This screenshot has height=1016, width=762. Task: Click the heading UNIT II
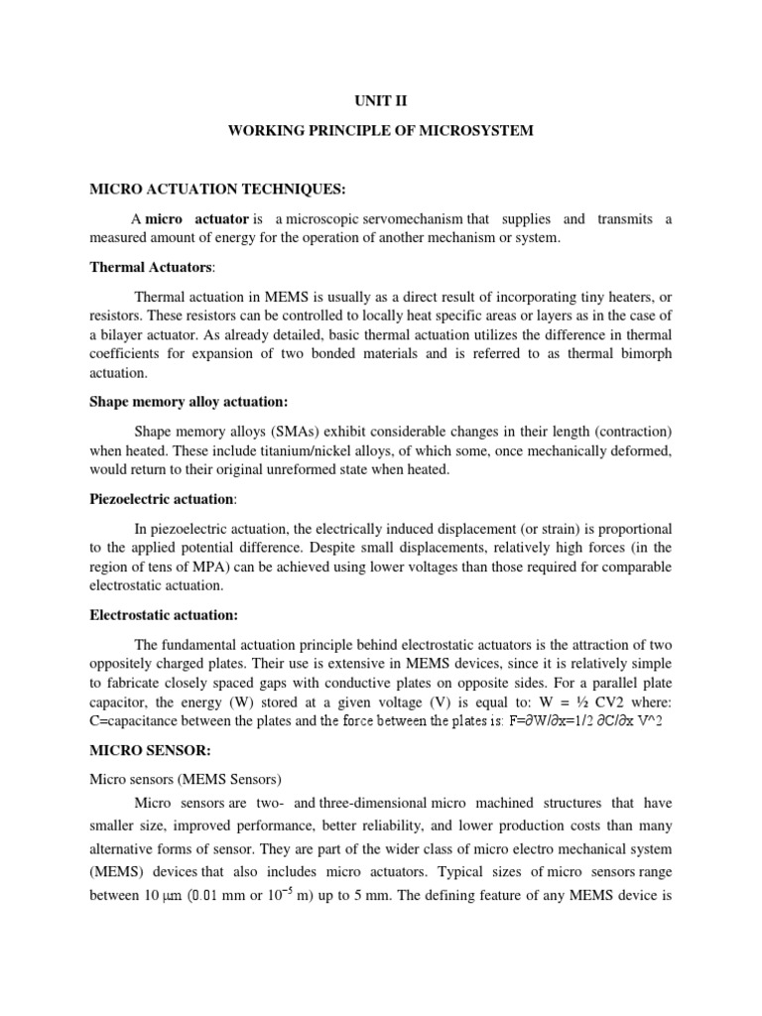(380, 99)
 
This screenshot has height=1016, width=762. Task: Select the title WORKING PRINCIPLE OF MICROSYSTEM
(381, 131)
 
